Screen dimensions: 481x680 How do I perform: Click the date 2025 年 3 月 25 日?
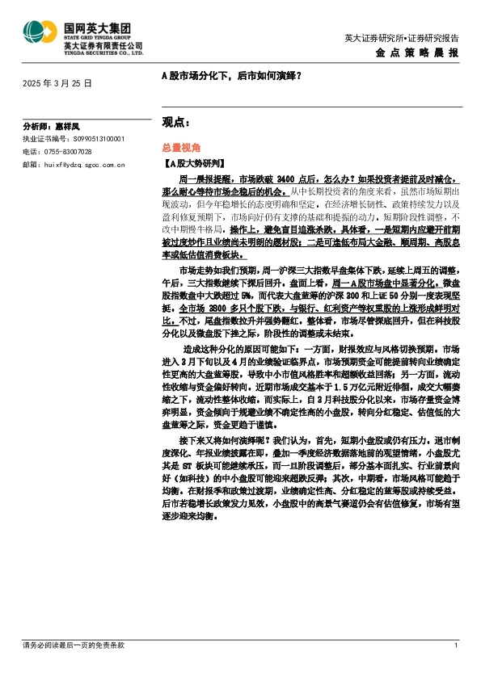57,83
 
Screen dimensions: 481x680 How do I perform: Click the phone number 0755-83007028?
68,151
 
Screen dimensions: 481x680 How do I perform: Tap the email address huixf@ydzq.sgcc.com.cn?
82,164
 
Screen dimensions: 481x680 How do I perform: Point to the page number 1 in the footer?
456,645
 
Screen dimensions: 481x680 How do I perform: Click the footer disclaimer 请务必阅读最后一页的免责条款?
74,645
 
